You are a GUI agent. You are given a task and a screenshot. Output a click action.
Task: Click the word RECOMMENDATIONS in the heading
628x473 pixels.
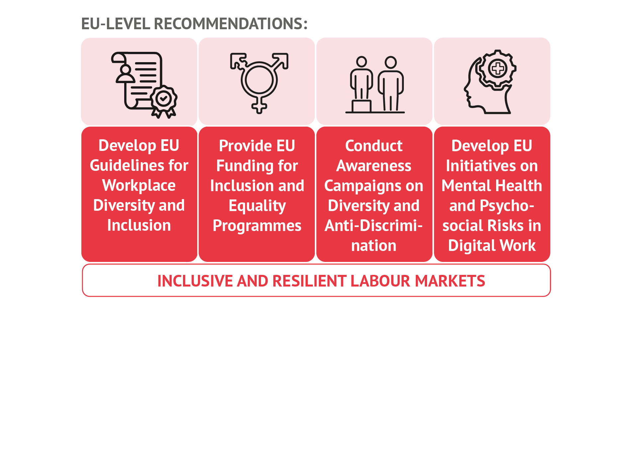coord(231,24)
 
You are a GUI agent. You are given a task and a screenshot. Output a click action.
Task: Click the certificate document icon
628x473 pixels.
coord(144,85)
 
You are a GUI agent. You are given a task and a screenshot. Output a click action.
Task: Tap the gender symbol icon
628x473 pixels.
coord(259,83)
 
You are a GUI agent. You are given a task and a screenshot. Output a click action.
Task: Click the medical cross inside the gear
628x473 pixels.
coord(497,69)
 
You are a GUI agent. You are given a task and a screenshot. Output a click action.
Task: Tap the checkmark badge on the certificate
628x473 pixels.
coord(163,99)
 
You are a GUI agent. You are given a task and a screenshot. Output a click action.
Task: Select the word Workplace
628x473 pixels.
coord(139,185)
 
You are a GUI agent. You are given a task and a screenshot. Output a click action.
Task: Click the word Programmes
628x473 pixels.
coord(257,226)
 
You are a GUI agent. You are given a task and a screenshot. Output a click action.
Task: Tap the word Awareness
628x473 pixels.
coord(374,166)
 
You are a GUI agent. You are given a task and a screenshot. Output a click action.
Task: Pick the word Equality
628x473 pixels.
coord(257,206)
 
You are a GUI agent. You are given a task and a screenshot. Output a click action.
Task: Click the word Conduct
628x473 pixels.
coord(374,146)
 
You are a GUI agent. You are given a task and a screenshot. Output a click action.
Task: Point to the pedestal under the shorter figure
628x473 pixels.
coord(361,106)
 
